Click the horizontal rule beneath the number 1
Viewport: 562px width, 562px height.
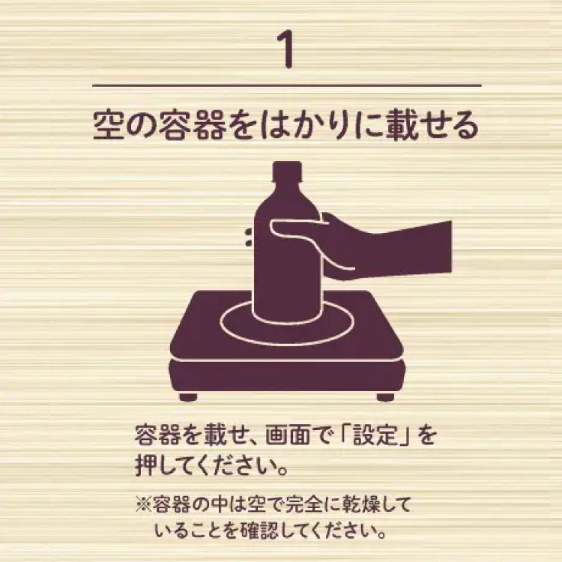(281, 86)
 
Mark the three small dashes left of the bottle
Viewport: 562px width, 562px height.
(247, 238)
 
